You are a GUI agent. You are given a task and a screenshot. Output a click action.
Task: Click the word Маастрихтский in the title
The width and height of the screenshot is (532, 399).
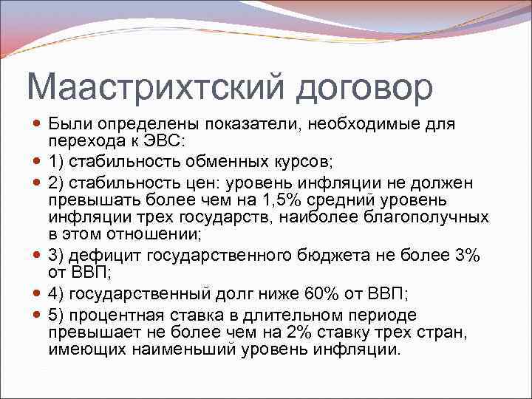pos(156,87)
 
